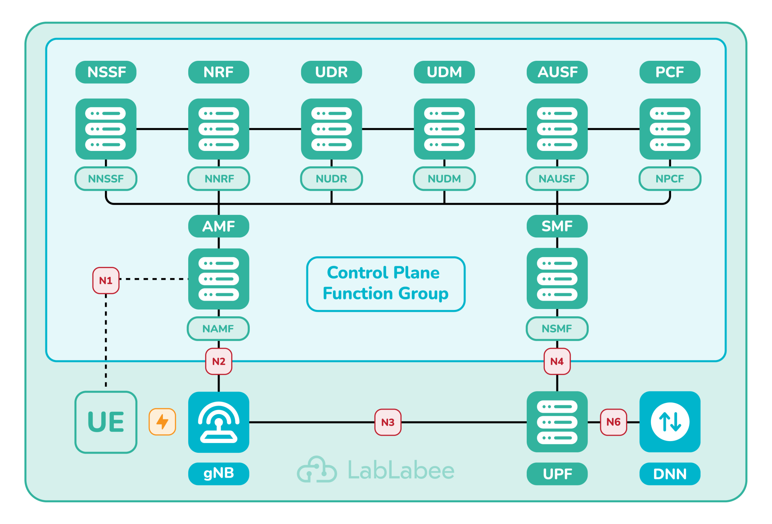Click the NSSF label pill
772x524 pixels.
point(106,72)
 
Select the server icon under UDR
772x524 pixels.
point(331,129)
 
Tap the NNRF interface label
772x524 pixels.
point(219,178)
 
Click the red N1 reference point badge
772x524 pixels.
point(106,280)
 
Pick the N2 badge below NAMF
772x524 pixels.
point(219,361)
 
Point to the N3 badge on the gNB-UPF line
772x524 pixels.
point(388,422)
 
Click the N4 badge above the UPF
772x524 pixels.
point(557,361)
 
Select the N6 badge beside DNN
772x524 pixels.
point(613,422)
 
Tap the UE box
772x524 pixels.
point(106,422)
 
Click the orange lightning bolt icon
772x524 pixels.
point(162,422)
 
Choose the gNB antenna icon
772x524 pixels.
point(219,422)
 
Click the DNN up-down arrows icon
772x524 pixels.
point(670,422)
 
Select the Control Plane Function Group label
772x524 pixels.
point(386,284)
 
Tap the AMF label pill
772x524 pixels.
point(219,226)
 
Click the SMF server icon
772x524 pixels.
point(557,279)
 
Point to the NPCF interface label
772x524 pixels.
point(670,178)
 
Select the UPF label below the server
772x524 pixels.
point(557,474)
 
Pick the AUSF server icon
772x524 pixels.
point(557,129)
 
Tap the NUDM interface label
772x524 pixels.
point(444,178)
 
